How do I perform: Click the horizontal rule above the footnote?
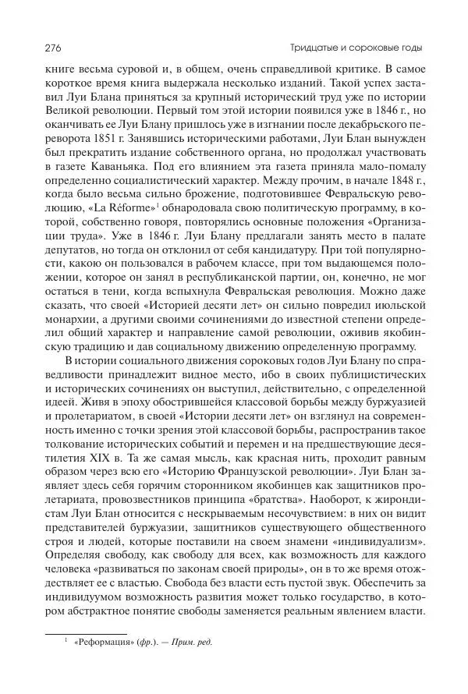86,632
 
